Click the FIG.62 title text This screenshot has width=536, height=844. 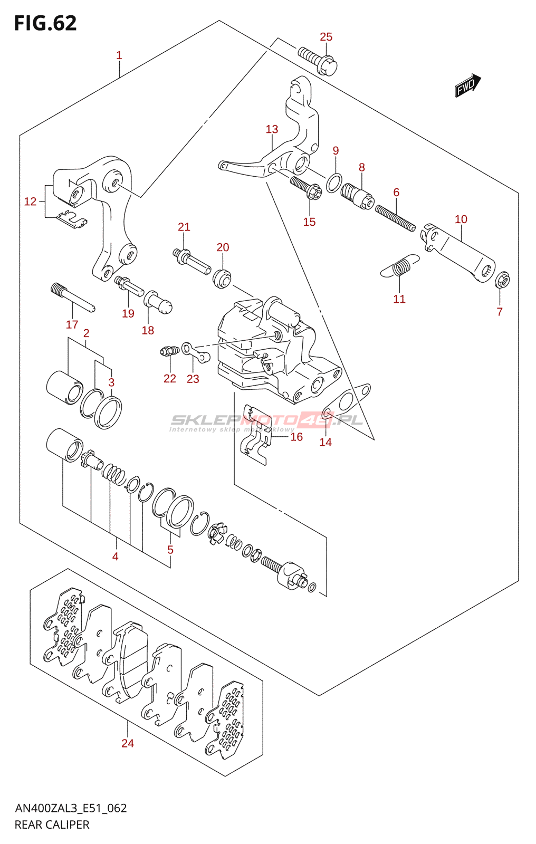pyautogui.click(x=45, y=23)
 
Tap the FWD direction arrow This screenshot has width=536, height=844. pyautogui.click(x=467, y=85)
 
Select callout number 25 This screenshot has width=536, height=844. pyautogui.click(x=326, y=37)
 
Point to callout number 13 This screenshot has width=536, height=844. pyautogui.click(x=272, y=129)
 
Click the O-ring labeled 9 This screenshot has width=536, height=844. pyautogui.click(x=334, y=183)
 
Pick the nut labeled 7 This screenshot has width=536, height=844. pyautogui.click(x=502, y=279)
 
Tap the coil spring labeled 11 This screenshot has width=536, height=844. pyautogui.click(x=400, y=266)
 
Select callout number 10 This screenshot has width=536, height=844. pyautogui.click(x=461, y=219)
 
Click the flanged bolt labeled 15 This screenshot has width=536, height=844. pyautogui.click(x=307, y=188)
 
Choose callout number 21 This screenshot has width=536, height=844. pyautogui.click(x=184, y=227)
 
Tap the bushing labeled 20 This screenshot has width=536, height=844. pyautogui.click(x=222, y=277)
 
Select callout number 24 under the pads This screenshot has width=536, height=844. pyautogui.click(x=128, y=743)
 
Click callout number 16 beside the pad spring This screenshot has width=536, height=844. pyautogui.click(x=296, y=437)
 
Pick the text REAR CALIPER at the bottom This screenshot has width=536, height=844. pyautogui.click(x=52, y=824)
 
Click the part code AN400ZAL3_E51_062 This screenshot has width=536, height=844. pyautogui.click(x=71, y=808)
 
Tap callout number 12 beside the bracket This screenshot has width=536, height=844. pyautogui.click(x=30, y=202)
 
